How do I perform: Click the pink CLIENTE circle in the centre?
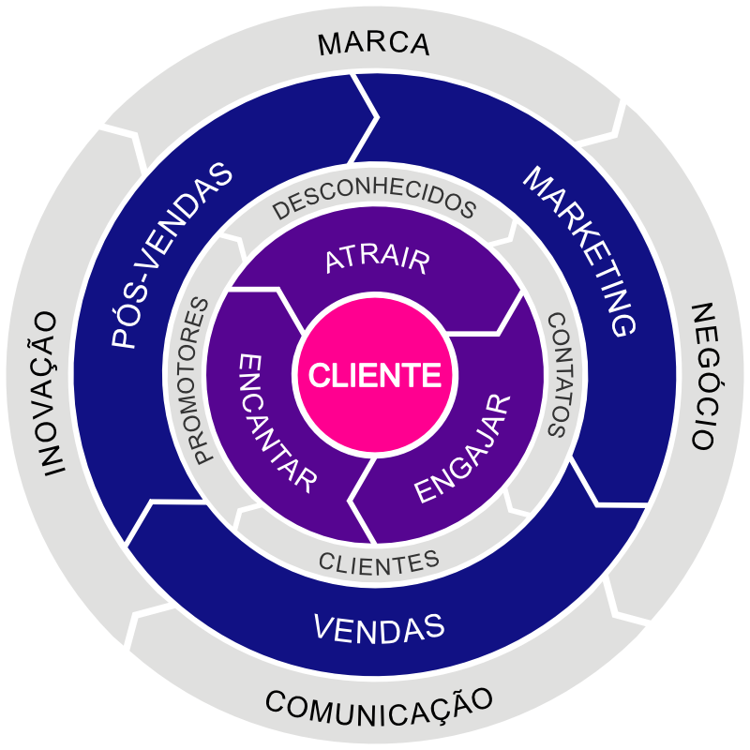(375, 375)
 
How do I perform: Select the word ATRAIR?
(377, 261)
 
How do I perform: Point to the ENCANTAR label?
(277, 422)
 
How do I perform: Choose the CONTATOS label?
(561, 375)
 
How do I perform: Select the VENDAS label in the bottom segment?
(378, 626)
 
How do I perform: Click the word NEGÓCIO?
(704, 375)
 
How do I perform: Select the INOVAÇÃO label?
(44, 394)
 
